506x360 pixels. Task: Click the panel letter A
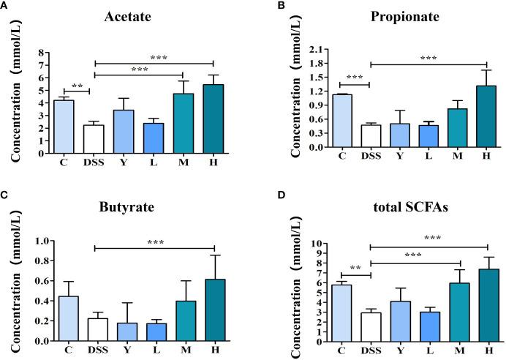click(x=5, y=6)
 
